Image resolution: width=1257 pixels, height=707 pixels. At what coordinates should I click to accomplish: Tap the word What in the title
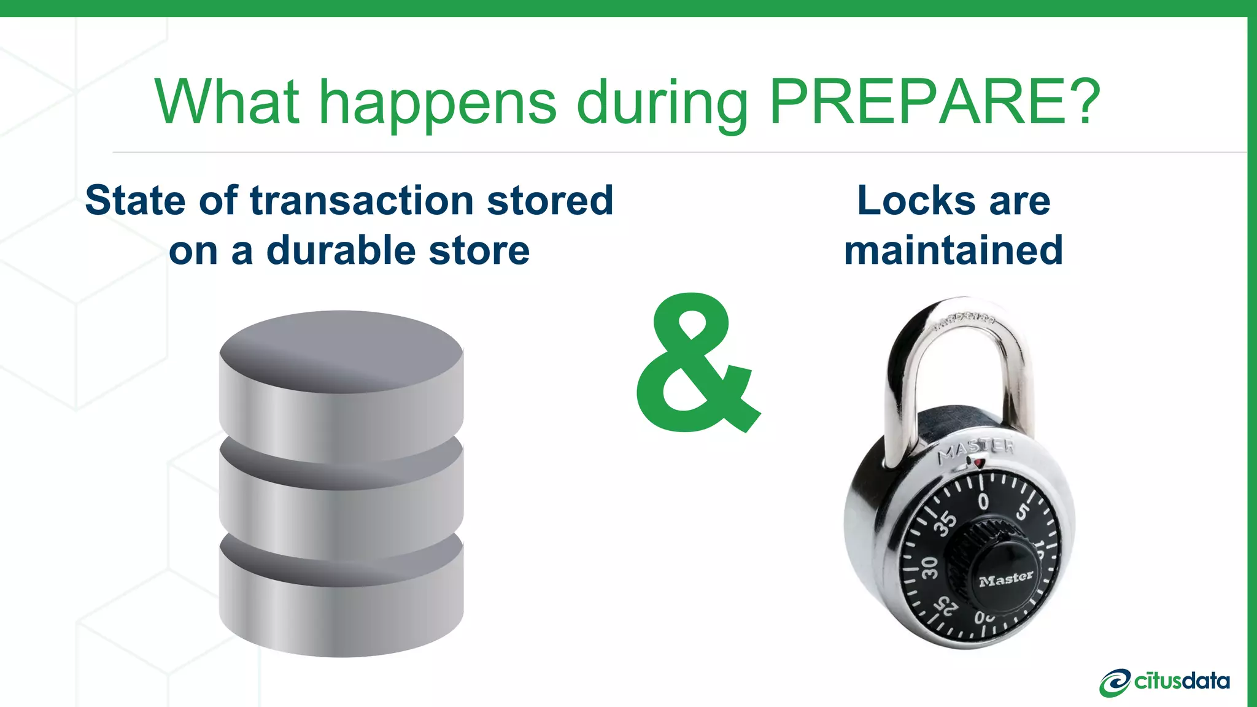pyautogui.click(x=227, y=101)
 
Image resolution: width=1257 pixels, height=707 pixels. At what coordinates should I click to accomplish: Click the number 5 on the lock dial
pyautogui.click(x=1022, y=511)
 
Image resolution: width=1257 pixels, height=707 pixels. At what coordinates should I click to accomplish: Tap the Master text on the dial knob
pyautogui.click(x=1006, y=579)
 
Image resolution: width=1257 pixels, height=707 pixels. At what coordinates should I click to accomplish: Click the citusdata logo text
pyautogui.click(x=1182, y=681)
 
